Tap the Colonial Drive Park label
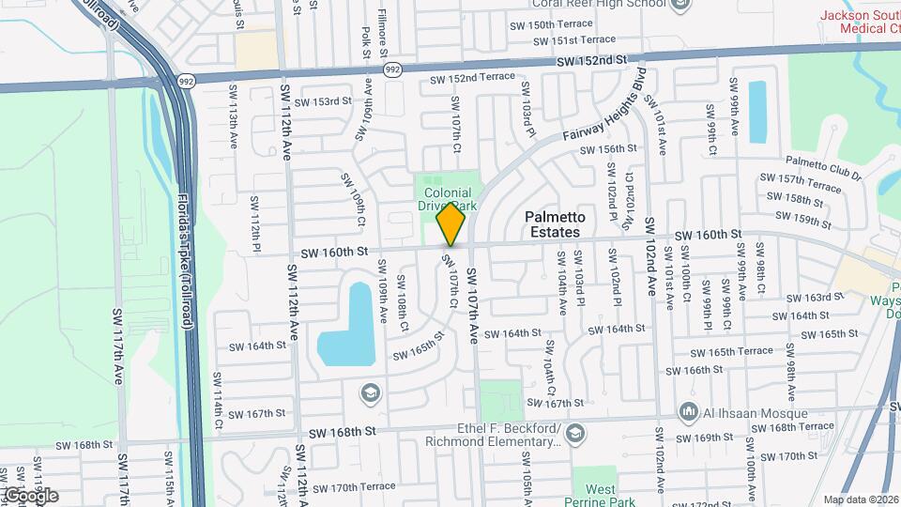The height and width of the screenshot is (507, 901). pos(447,199)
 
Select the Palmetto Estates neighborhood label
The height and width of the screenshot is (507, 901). pos(553,223)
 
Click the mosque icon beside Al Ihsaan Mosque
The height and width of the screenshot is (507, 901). pos(689,411)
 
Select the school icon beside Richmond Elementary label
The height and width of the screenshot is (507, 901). pos(574,434)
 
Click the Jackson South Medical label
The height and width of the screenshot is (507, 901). pos(859,21)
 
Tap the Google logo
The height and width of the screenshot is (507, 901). pos(31,495)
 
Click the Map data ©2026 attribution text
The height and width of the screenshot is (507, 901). pos(861,499)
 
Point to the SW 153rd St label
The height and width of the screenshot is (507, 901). pos(322,101)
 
